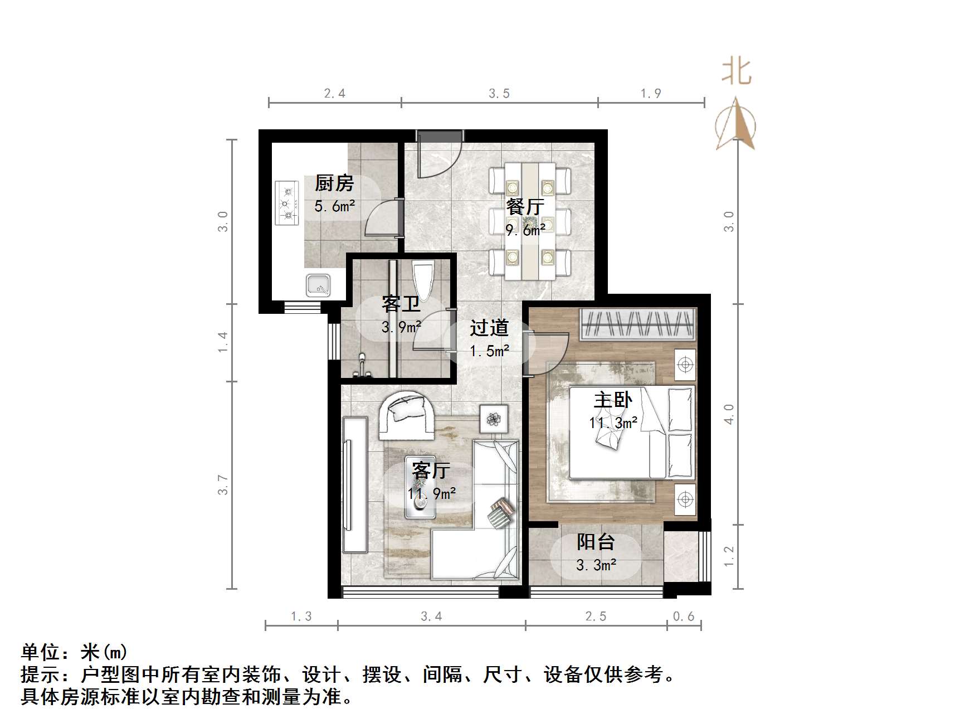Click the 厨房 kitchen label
[334, 183]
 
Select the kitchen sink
[318, 286]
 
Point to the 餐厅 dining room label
[525, 207]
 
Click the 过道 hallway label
[489, 328]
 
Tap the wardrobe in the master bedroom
[637, 324]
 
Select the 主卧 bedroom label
[613, 400]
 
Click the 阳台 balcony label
[596, 541]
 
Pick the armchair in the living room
[407, 415]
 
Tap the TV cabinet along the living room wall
[354, 484]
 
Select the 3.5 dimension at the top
[499, 94]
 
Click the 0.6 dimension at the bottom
[684, 616]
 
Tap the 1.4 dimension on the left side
[223, 342]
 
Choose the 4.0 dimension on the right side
[729, 414]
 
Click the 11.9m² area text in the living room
[432, 493]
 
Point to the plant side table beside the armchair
[494, 419]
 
